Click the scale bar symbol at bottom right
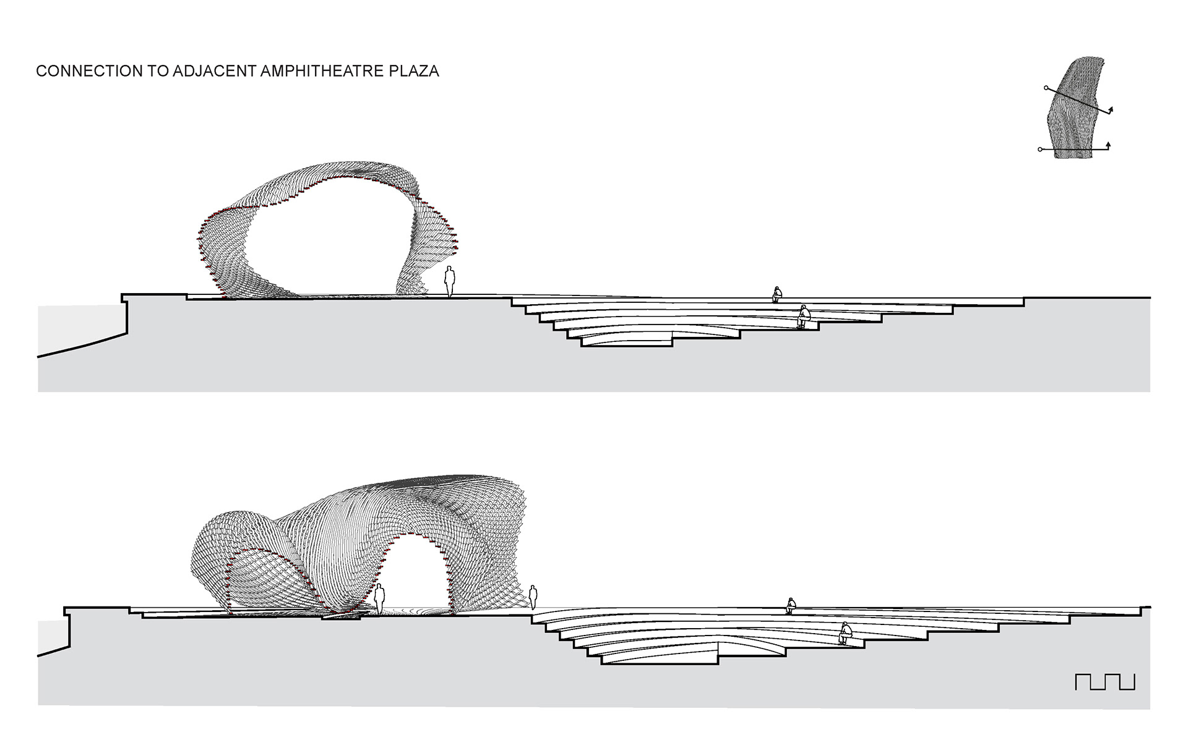1104,681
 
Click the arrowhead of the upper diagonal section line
1111,111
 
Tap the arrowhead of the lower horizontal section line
1108,145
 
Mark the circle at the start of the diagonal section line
1046,88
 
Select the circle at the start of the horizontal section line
1040,149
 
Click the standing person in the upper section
450,282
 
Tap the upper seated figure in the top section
777,294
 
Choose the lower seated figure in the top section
804,316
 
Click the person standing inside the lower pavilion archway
379,599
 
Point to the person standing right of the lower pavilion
533,597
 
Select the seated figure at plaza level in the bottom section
790,605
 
